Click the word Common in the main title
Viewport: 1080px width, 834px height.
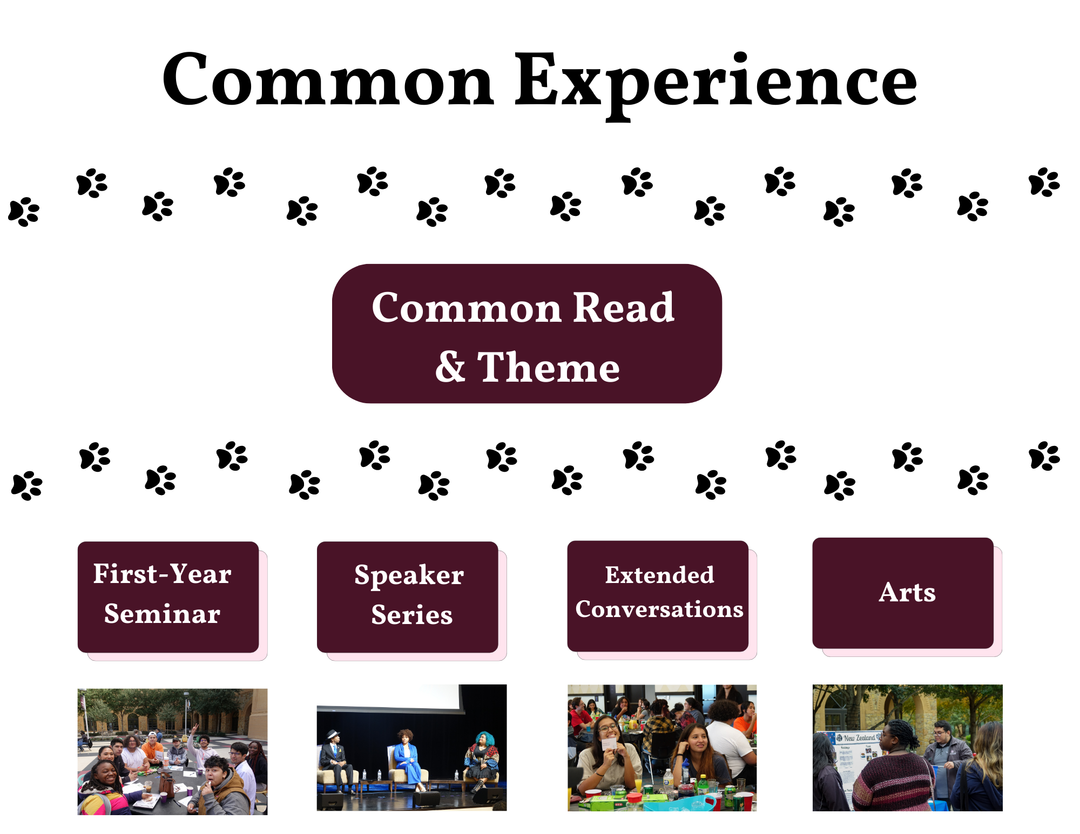(x=328, y=79)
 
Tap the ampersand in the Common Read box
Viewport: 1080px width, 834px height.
(x=450, y=367)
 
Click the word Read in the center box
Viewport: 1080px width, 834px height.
(x=624, y=308)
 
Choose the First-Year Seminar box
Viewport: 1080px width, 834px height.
(x=168, y=596)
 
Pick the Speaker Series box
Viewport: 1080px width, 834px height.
(x=407, y=596)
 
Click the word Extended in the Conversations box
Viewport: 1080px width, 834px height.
(x=659, y=575)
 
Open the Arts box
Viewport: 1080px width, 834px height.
(x=903, y=593)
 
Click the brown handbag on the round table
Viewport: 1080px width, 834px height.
(x=167, y=785)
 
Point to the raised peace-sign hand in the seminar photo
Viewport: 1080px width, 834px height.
(x=195, y=728)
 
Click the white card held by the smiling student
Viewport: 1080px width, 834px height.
(x=609, y=744)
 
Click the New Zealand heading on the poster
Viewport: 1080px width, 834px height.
(x=859, y=737)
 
